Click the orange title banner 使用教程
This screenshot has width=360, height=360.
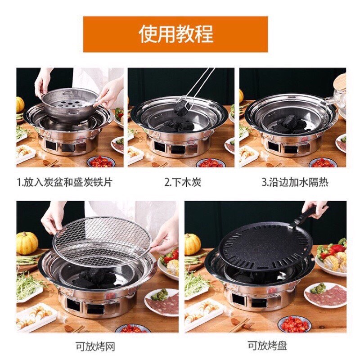coord(175,34)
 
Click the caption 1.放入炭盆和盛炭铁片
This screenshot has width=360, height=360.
coord(65,183)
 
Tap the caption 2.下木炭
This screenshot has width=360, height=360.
coord(183,183)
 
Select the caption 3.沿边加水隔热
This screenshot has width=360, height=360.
coord(295,183)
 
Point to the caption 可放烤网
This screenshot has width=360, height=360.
coord(95,346)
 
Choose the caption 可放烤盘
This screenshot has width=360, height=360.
coord(267,345)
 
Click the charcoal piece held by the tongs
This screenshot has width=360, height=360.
coord(181,108)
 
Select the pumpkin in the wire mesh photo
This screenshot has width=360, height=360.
coord(27,243)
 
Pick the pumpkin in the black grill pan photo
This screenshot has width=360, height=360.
coord(193,244)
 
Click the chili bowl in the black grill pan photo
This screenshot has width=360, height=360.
coord(294,324)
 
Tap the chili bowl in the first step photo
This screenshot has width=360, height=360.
coord(101,162)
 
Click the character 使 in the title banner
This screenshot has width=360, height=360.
coord(148,34)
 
